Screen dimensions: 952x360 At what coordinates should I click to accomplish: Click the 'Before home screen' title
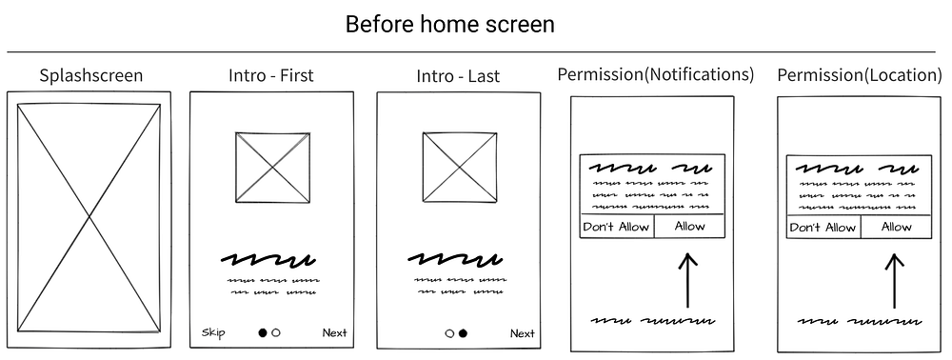click(x=450, y=25)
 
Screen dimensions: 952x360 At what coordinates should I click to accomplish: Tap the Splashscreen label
click(x=91, y=76)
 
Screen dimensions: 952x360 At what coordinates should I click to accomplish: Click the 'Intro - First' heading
click(x=270, y=75)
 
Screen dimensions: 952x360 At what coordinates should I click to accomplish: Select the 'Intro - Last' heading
click(x=458, y=76)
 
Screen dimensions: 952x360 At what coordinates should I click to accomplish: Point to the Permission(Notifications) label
click(x=656, y=74)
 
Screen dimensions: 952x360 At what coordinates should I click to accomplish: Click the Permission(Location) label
click(x=860, y=75)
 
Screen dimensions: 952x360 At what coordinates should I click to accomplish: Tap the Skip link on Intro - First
click(x=213, y=332)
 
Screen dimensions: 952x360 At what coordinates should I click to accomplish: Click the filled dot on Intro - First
click(x=263, y=332)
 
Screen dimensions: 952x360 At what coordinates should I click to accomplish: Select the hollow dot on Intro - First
click(x=276, y=332)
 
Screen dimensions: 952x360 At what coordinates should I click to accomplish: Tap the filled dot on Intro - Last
click(x=464, y=333)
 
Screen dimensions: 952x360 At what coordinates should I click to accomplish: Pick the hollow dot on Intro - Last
click(x=450, y=333)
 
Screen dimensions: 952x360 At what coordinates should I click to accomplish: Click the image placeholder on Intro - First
click(x=272, y=168)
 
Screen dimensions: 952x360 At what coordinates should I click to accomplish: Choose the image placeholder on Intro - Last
click(x=460, y=167)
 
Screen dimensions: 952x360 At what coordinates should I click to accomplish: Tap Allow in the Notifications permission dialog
click(x=690, y=227)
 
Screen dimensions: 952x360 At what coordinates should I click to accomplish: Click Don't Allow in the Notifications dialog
click(x=616, y=227)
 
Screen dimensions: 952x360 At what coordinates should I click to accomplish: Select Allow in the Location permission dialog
click(x=896, y=227)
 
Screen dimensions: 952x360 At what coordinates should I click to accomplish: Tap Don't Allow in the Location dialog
click(x=823, y=228)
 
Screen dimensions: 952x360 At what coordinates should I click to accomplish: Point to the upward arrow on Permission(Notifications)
click(x=687, y=280)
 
